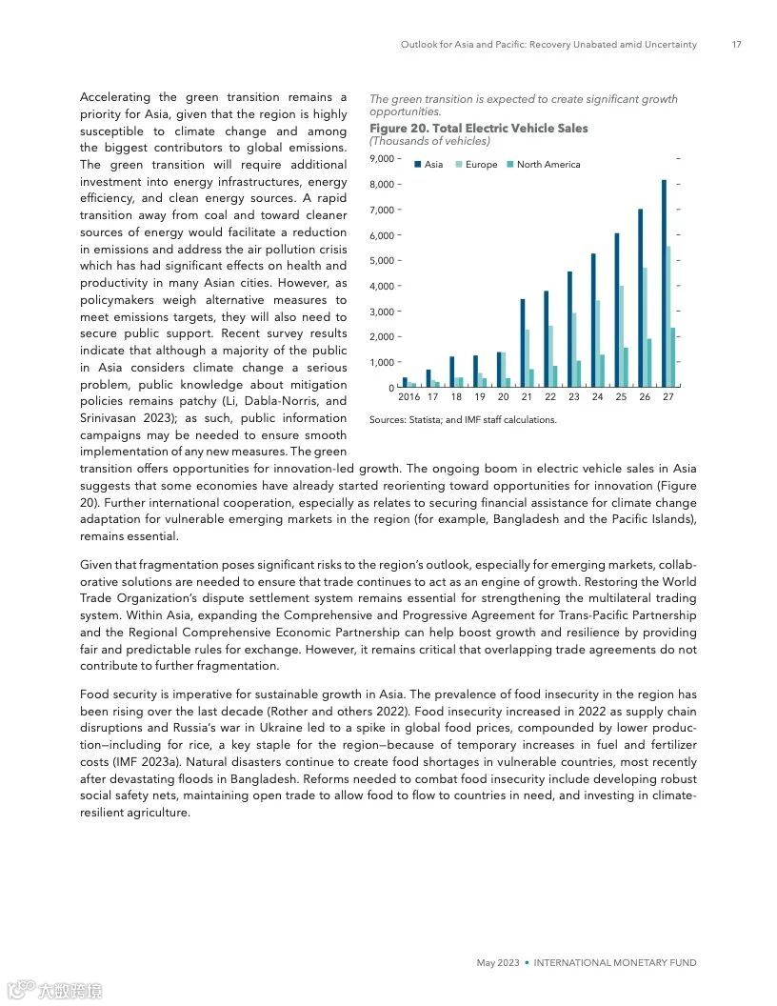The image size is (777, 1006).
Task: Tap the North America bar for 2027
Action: pyautogui.click(x=673, y=358)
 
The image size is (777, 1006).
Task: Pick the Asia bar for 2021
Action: pyautogui.click(x=522, y=343)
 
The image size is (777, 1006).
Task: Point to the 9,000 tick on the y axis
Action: pyautogui.click(x=382, y=158)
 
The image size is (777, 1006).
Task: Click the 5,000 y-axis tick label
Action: pyautogui.click(x=382, y=260)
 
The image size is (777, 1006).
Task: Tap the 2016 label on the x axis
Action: pyautogui.click(x=408, y=397)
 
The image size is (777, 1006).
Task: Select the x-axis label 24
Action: pyautogui.click(x=597, y=397)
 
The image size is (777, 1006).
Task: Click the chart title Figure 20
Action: pyautogui.click(x=478, y=129)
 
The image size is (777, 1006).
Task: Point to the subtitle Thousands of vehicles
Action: pyautogui.click(x=429, y=141)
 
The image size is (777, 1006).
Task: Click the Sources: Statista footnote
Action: pyautogui.click(x=462, y=419)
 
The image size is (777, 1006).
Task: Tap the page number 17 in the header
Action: pyautogui.click(x=736, y=45)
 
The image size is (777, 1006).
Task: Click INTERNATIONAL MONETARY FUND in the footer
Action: pyautogui.click(x=615, y=963)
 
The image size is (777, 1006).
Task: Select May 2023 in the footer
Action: pyautogui.click(x=497, y=963)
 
